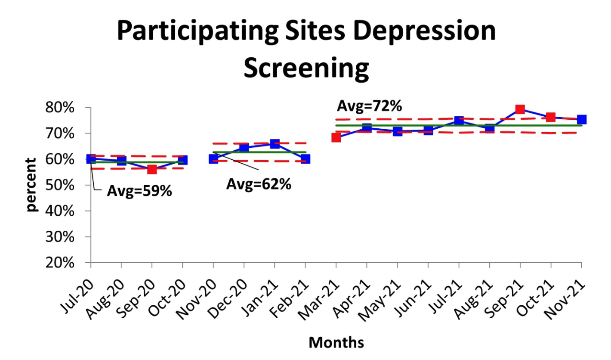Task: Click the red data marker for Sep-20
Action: click(152, 170)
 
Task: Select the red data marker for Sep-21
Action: click(520, 109)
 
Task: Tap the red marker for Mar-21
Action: click(336, 138)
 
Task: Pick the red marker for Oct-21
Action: click(551, 117)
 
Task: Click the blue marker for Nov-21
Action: click(582, 119)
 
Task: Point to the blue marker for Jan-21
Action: click(275, 143)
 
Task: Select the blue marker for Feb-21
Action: click(305, 158)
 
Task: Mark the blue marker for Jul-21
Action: click(459, 121)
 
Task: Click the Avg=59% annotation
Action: click(139, 191)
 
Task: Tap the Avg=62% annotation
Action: click(259, 184)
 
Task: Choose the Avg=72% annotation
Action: click(369, 106)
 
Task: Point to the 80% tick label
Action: click(60, 108)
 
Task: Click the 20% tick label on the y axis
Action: click(60, 263)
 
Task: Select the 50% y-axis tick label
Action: click(60, 185)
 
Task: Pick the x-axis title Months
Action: click(336, 342)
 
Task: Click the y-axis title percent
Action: click(31, 185)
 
